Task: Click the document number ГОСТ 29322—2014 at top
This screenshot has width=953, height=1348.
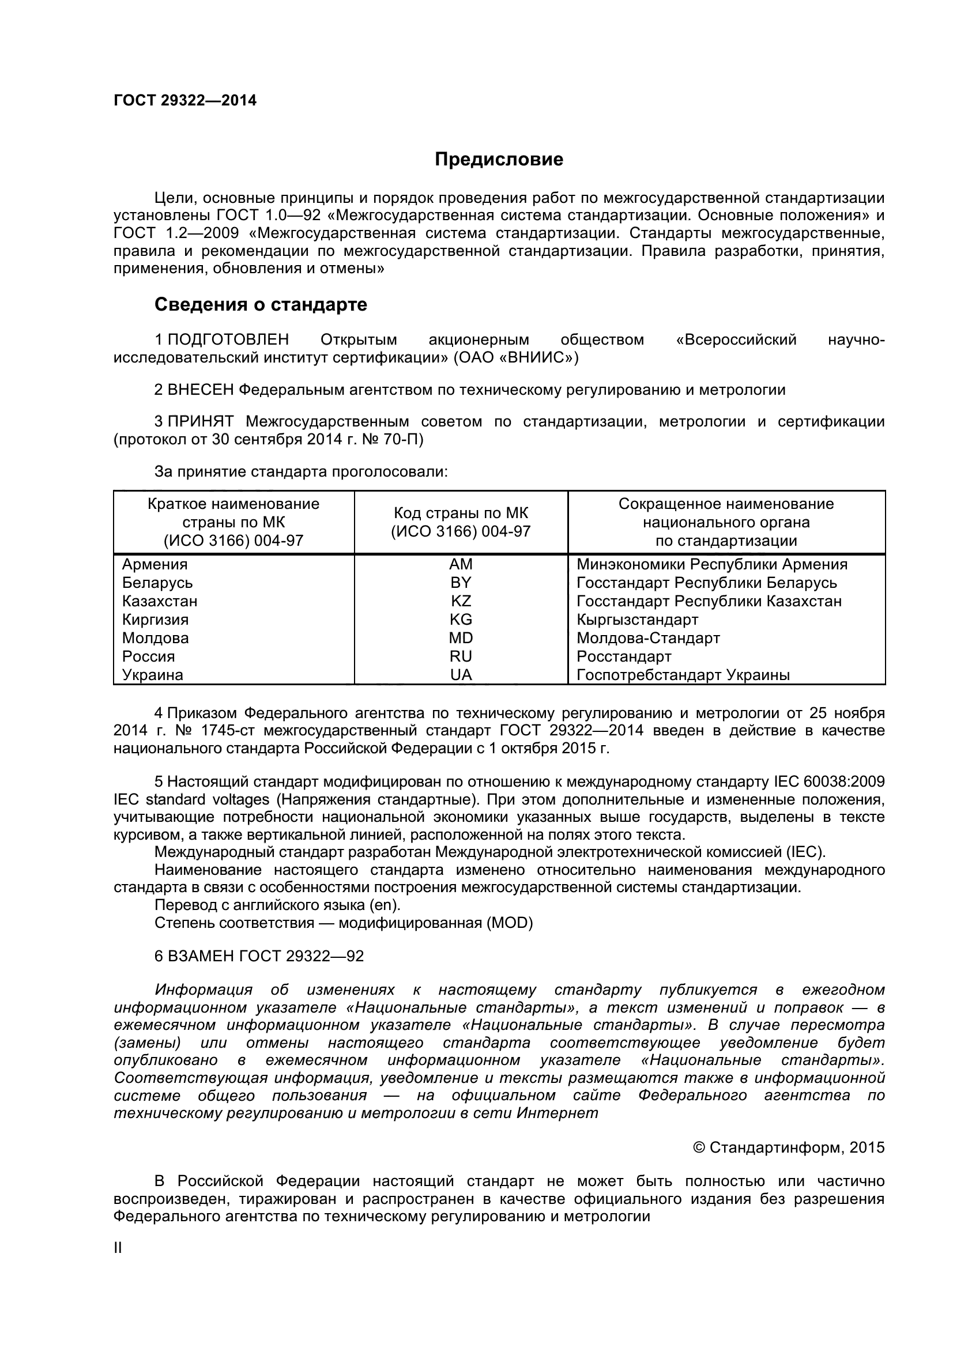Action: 185,100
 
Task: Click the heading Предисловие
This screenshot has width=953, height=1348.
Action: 499,159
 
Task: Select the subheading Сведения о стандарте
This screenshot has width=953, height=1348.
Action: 260,304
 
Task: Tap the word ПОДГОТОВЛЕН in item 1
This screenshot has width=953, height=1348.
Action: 228,339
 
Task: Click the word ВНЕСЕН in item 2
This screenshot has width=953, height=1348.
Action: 201,389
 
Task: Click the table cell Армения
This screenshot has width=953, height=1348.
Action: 155,564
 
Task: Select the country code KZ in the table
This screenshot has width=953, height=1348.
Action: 461,601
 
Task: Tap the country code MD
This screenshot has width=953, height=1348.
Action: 461,637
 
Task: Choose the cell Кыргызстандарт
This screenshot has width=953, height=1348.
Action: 637,620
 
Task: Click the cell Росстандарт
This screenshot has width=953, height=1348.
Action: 624,656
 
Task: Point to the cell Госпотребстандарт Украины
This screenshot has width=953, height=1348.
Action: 683,675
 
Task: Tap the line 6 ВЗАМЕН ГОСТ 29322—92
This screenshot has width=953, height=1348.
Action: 259,956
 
